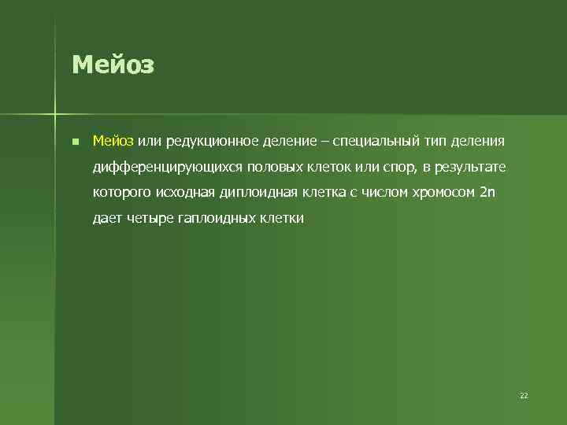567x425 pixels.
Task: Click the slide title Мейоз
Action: coord(113,65)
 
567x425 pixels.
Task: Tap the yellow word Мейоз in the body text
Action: coord(113,141)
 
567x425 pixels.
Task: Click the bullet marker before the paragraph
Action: coord(73,142)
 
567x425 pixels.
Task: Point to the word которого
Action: coord(120,192)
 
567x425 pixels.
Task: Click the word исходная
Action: coord(186,192)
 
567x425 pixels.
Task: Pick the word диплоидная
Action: coord(262,192)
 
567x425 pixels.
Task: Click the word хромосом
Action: coord(447,192)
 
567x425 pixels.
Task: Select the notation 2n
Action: coord(488,192)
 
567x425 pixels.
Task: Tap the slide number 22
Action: coord(524,395)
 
